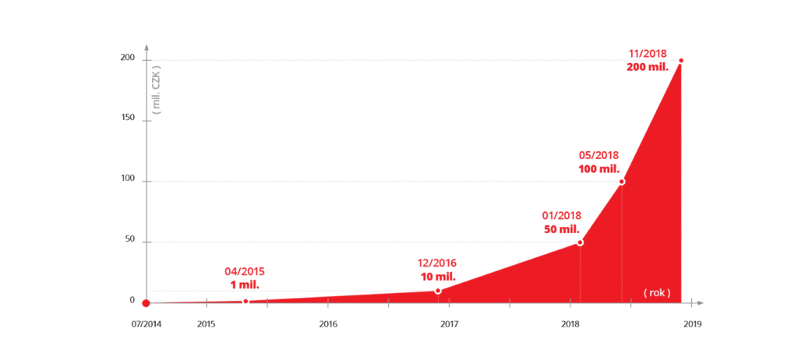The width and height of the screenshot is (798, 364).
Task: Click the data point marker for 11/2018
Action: pos(681,61)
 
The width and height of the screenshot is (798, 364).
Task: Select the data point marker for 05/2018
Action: pos(622,182)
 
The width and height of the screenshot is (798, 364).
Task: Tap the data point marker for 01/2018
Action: pos(580,242)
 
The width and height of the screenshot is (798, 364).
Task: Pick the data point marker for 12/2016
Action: pos(438,291)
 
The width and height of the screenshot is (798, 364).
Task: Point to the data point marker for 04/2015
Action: pos(245,301)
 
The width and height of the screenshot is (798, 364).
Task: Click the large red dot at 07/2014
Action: pos(146,303)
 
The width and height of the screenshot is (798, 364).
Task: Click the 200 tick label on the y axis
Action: pos(127,58)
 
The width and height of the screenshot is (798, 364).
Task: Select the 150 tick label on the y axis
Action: pos(127,118)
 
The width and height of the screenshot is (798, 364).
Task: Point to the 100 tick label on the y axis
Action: pos(127,179)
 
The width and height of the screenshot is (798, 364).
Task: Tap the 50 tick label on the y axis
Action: pos(129,240)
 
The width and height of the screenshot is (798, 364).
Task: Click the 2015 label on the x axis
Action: pos(207,323)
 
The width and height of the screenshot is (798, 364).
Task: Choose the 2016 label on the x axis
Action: pos(328,323)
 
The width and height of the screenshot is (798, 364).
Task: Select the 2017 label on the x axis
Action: pos(449,323)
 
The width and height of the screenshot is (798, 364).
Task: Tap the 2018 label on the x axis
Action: pos(570,323)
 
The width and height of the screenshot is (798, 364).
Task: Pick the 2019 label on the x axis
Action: pos(692,323)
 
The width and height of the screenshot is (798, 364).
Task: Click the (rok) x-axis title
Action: pos(657,292)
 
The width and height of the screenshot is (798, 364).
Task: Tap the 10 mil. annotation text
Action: pos(436,277)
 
